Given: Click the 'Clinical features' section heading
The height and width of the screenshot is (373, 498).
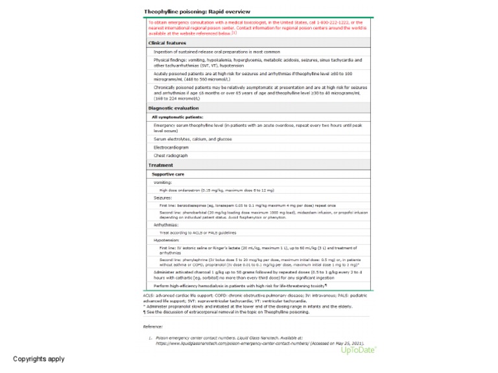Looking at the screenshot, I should tap(167, 43).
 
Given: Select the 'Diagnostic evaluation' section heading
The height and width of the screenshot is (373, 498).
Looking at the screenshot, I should tap(172, 107).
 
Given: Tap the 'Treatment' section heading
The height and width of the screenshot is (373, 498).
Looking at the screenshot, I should tap(160, 165).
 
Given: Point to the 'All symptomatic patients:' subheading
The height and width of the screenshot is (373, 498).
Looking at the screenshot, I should tap(178, 117).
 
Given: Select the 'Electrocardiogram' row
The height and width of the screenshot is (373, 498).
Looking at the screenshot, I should tap(175, 147).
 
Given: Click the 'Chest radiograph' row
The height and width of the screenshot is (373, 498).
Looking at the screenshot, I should tap(172, 156).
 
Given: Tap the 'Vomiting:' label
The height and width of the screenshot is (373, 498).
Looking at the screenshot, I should tap(163, 183).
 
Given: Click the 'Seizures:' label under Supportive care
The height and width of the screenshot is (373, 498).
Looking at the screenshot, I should tap(163, 198).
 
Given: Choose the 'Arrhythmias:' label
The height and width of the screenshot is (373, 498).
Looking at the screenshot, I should tap(166, 225).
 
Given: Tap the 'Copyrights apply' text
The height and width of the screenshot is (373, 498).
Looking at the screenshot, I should tap(39, 358).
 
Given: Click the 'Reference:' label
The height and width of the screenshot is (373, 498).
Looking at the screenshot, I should tap(153, 326).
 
